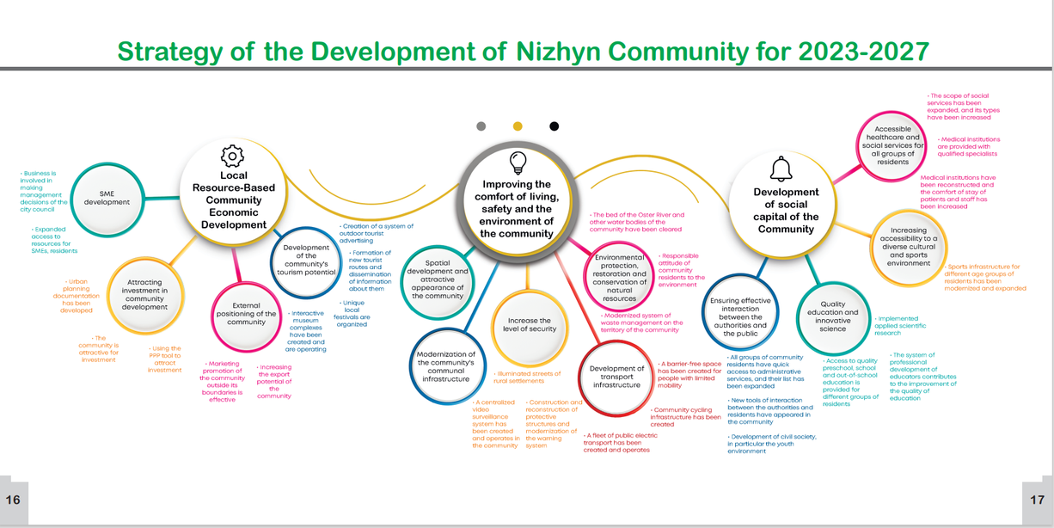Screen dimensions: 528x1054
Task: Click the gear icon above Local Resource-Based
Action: (x=233, y=156)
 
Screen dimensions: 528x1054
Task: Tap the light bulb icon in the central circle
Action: (x=518, y=161)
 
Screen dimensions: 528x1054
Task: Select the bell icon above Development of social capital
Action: (x=781, y=167)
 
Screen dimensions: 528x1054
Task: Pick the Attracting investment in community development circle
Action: (x=144, y=295)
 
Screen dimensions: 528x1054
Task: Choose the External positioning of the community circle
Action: (x=247, y=313)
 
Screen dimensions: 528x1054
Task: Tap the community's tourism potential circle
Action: (x=306, y=260)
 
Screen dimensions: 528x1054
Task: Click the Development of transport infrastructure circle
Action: (x=616, y=376)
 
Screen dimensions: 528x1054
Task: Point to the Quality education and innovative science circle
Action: (x=832, y=316)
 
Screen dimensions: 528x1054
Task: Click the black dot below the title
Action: (x=555, y=126)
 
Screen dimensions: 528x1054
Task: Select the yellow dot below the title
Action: (x=518, y=126)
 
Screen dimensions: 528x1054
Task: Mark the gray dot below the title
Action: (x=481, y=126)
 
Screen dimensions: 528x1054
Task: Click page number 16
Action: (x=13, y=500)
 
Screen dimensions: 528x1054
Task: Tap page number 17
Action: (x=1038, y=500)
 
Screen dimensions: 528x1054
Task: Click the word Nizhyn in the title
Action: (x=569, y=52)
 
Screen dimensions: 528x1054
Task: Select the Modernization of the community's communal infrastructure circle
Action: (x=445, y=366)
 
